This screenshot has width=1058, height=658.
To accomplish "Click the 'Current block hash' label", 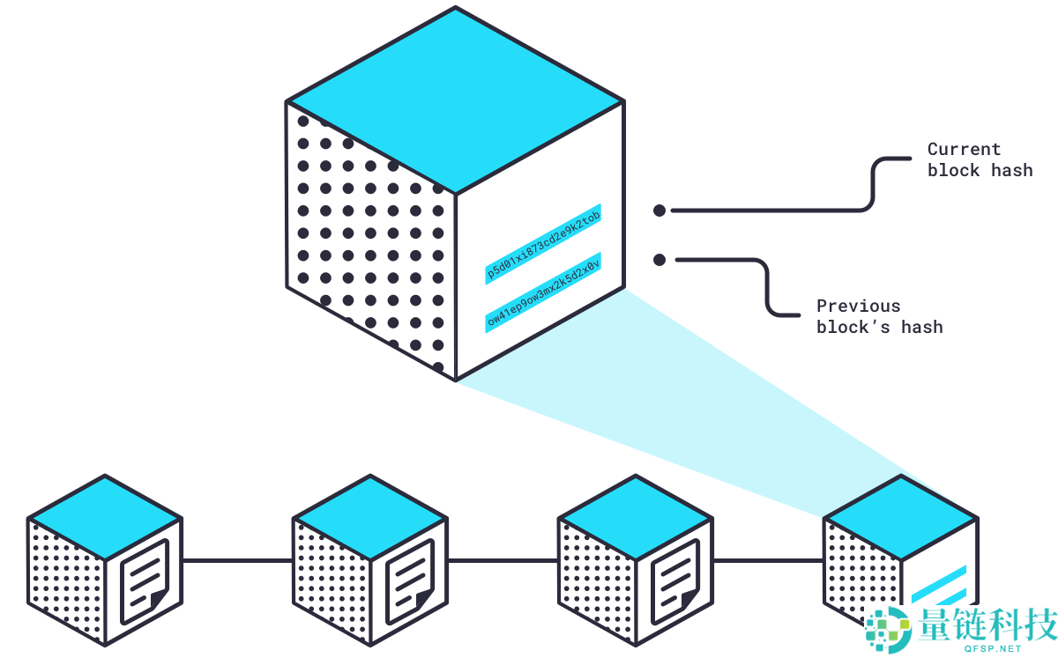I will tap(979, 159).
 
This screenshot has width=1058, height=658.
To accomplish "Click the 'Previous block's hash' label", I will tap(879, 316).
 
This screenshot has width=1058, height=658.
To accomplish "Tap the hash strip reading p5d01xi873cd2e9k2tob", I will tap(543, 247).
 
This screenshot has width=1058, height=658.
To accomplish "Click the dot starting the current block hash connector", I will tap(659, 211).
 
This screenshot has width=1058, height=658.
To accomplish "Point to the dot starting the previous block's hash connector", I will tap(659, 260).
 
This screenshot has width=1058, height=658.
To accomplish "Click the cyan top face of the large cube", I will tap(456, 100).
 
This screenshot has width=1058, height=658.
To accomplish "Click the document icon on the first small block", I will tap(144, 580).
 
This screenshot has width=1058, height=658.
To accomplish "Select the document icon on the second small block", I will tap(410, 580).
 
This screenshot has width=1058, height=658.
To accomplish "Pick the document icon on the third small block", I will tap(675, 580).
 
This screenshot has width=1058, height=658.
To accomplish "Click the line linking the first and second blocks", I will tap(236, 560).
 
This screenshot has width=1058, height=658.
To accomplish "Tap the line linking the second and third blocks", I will tap(503, 560).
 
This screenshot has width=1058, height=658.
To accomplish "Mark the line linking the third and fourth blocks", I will tap(768, 560).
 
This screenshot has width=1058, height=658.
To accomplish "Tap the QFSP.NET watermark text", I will tap(994, 648).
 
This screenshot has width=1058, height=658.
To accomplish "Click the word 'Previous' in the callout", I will tap(846, 307).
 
